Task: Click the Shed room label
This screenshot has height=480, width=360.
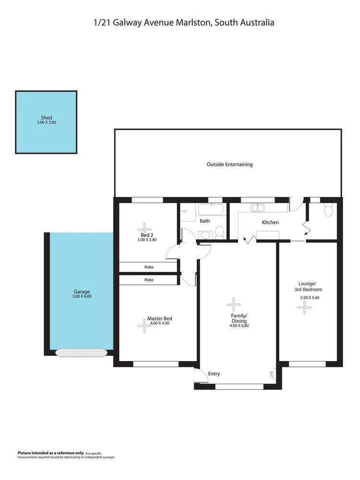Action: pyautogui.click(x=47, y=117)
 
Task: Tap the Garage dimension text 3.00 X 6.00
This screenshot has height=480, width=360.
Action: pyautogui.click(x=82, y=296)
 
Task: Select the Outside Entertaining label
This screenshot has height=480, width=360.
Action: pyautogui.click(x=229, y=164)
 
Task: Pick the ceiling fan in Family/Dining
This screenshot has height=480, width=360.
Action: pyautogui.click(x=234, y=303)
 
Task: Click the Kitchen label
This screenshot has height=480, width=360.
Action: pyautogui.click(x=270, y=222)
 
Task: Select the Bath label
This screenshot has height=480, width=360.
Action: pyautogui.click(x=205, y=221)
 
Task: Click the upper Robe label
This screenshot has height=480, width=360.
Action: pyautogui.click(x=149, y=267)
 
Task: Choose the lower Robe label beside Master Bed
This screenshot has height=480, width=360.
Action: pyautogui.click(x=149, y=280)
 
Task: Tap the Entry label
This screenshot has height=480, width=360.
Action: pyautogui.click(x=214, y=374)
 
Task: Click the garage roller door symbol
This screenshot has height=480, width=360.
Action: pyautogui.click(x=80, y=352)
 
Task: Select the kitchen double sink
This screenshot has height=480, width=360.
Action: pyautogui.click(x=258, y=208)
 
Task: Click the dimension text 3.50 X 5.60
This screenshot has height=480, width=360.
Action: pyautogui.click(x=310, y=297)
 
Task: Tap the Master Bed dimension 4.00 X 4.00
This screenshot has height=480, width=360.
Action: pyautogui.click(x=159, y=323)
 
